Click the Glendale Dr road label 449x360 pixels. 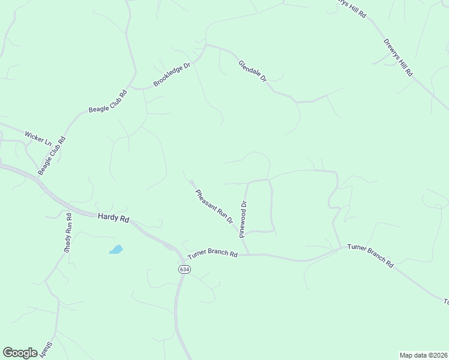click(x=252, y=71)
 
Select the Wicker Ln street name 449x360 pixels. click(x=38, y=138)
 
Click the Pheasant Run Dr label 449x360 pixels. click(x=214, y=206)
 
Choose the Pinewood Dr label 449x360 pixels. click(x=244, y=219)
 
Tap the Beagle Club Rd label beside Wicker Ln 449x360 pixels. click(x=51, y=155)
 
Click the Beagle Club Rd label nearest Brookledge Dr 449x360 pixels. click(x=108, y=101)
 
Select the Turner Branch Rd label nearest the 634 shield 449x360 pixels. click(x=212, y=254)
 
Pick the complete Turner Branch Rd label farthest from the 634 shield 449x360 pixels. click(x=370, y=256)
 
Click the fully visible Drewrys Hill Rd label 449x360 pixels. click(x=398, y=58)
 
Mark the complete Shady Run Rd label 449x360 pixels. click(x=68, y=232)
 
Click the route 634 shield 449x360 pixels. click(x=184, y=269)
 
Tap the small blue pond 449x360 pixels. click(x=116, y=249)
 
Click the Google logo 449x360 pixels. click(x=20, y=352)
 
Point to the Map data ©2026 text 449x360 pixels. click(x=423, y=355)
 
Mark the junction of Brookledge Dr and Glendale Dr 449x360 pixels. click(x=206, y=44)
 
